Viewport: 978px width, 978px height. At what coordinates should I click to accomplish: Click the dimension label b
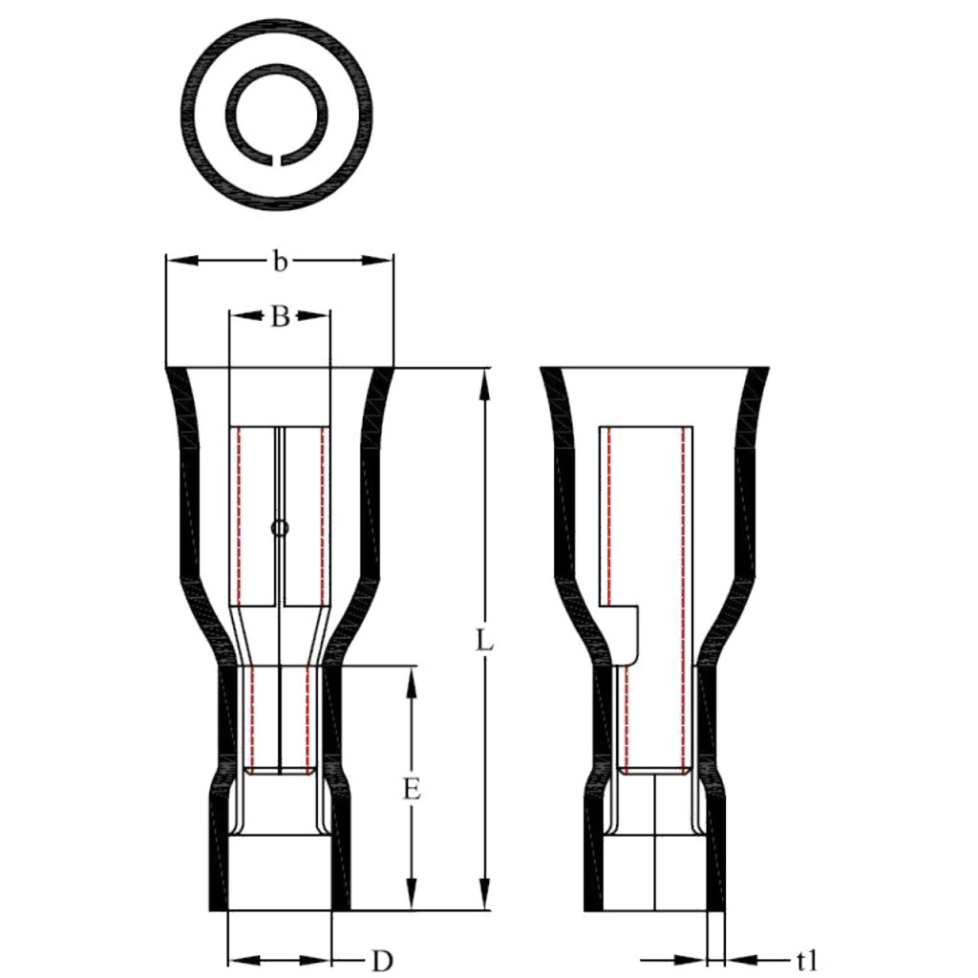(279, 262)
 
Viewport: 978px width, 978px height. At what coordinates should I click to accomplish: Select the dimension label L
(485, 641)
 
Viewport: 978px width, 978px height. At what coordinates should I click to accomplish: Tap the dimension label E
(413, 789)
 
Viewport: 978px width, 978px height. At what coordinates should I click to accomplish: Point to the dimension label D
(381, 960)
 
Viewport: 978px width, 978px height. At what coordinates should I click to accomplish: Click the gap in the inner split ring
(279, 159)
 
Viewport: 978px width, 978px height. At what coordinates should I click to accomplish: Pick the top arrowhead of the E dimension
(413, 679)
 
